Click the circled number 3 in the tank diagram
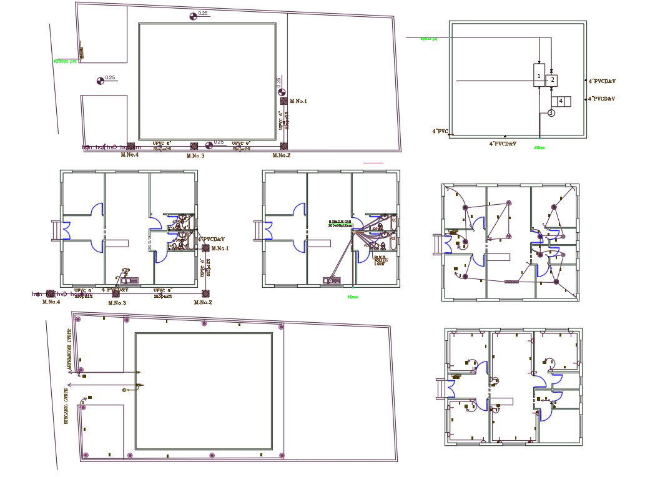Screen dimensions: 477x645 (x=551, y=113)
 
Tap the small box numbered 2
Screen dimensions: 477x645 (x=552, y=81)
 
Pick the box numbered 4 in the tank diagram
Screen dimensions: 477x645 (x=561, y=101)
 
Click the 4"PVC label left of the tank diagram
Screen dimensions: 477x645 (x=441, y=131)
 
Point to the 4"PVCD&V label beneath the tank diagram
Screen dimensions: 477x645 (x=503, y=144)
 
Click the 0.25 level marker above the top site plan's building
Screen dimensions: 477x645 (x=193, y=16)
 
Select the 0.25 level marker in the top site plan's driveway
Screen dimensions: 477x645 (x=101, y=80)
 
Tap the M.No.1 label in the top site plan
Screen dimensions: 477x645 (x=298, y=101)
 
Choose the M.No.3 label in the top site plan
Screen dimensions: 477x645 (x=195, y=155)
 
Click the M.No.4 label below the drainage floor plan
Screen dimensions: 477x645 (x=51, y=302)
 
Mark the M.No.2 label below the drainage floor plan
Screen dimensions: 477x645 (x=203, y=302)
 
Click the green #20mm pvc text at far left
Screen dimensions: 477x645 (x=65, y=61)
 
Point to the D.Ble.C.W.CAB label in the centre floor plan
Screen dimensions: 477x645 (x=341, y=223)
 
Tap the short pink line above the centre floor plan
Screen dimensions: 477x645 (x=373, y=163)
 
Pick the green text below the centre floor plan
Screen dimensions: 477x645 (x=353, y=297)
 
